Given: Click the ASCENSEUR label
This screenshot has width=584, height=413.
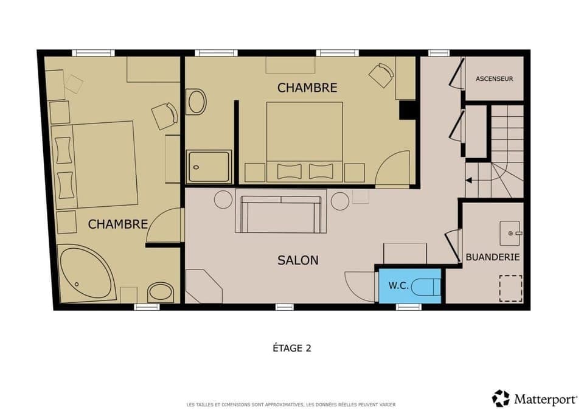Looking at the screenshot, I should pos(494,78).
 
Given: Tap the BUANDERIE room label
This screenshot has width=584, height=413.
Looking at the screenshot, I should pos(492,257).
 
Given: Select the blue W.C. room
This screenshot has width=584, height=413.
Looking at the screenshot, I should pos(408,285).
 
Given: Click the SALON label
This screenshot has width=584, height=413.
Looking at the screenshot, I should pos(298,260).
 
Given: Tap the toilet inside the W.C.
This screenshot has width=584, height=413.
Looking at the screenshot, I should pos(425,285).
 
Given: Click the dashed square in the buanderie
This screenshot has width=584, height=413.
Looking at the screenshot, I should pos(510,288).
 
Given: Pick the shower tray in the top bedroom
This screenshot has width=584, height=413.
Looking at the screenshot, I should pos(209,167).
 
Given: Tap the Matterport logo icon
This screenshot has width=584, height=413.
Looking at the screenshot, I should pos(501,398).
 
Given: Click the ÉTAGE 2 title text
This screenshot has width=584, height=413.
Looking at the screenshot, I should pos(292,348).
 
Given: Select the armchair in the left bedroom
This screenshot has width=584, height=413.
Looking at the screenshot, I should pos(164,116).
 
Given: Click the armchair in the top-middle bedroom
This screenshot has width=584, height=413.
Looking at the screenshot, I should pos(381,75).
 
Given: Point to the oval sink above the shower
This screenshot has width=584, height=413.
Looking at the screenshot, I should pos(197,102).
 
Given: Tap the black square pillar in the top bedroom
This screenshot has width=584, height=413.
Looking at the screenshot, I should pos(407,109).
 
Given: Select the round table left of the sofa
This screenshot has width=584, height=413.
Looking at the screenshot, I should pos(223,200).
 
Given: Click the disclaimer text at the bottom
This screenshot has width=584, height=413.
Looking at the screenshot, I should pos(292,404).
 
